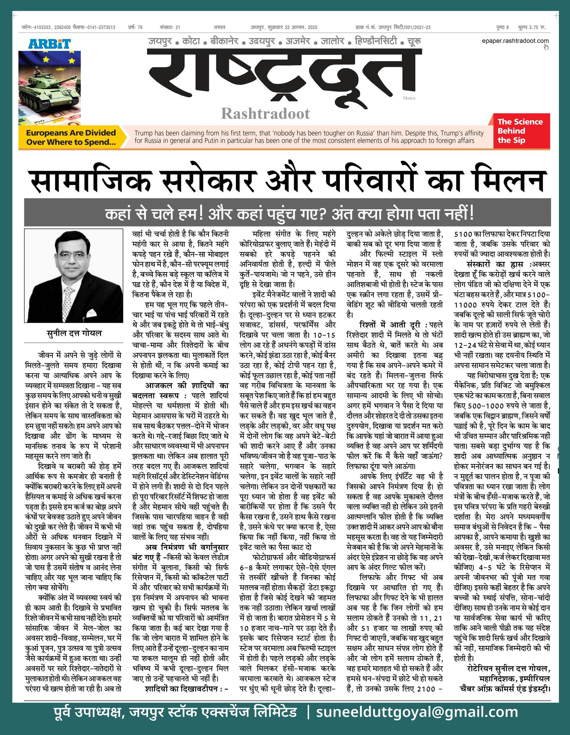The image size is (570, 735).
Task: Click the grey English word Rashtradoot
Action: click(x=265, y=113)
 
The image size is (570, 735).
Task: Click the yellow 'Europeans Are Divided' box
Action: click(x=71, y=137)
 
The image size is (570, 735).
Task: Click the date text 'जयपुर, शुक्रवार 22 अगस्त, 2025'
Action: click(x=284, y=27)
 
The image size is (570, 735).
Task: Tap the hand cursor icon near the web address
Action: click(x=546, y=47)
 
